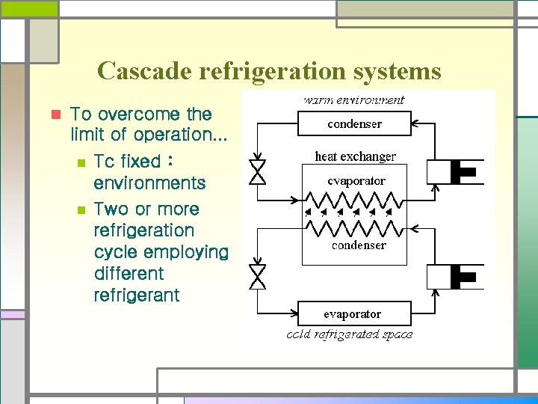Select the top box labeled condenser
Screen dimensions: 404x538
click(354, 123)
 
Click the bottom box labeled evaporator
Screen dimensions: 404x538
click(354, 313)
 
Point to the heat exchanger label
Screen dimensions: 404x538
click(356, 156)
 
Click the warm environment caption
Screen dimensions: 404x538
click(353, 100)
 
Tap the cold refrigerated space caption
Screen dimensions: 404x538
click(349, 334)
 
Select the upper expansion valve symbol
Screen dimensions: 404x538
click(258, 171)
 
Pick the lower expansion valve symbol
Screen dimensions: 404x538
click(258, 277)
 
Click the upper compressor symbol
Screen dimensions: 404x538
click(455, 171)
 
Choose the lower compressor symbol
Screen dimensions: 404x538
click(455, 277)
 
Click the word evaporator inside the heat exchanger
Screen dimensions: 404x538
click(356, 180)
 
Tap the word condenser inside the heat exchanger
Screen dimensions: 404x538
click(359, 245)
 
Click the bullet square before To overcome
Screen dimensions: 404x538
click(54, 114)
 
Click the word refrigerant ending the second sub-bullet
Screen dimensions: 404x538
click(137, 295)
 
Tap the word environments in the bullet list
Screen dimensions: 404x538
click(149, 183)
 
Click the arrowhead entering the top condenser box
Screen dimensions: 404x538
click(415, 123)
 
